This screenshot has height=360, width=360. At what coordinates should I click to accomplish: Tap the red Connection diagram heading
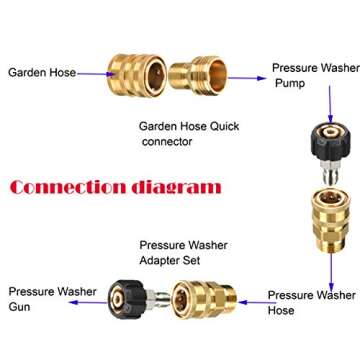116,187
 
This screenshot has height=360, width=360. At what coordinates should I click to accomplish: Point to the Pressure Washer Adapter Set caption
183,252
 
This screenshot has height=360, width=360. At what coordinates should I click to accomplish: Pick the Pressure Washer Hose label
310,303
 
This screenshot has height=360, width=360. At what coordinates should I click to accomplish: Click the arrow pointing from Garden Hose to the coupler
92,73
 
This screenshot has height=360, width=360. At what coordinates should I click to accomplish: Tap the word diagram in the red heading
177,187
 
